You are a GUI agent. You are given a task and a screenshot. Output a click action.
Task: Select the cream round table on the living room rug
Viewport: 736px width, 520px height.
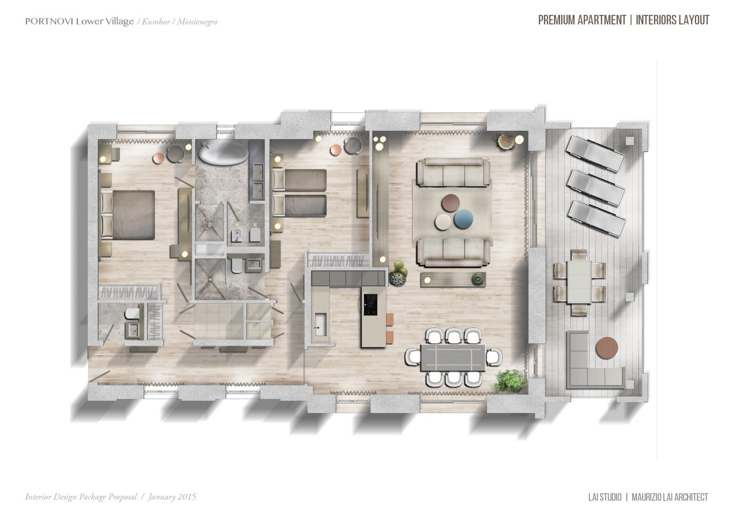443,222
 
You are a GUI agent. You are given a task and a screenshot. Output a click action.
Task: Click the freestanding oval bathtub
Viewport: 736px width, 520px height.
223,154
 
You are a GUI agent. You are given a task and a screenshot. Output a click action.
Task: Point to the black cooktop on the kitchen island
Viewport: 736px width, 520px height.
370,304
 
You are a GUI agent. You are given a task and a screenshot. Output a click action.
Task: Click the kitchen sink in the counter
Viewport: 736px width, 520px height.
321,324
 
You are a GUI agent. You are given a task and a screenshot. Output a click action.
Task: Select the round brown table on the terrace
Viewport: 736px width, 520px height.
607,348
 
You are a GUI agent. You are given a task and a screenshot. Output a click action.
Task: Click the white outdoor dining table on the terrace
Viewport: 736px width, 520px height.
579,281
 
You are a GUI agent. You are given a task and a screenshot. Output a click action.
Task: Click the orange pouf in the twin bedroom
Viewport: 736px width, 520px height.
336,150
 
